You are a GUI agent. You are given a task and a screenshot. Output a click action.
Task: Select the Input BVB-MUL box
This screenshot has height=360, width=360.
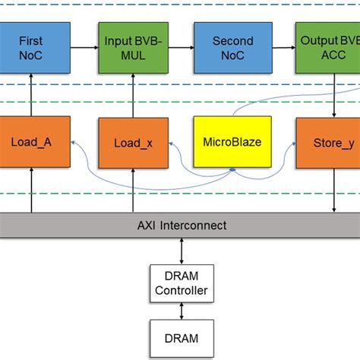click(x=128, y=47)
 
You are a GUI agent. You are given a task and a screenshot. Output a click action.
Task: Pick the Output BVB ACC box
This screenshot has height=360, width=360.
click(x=327, y=47)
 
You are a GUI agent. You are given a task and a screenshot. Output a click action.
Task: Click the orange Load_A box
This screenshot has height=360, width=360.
click(x=34, y=142)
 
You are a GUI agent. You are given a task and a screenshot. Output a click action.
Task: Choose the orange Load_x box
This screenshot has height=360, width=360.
click(x=128, y=142)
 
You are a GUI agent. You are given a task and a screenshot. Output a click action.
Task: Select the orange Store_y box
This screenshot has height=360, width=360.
click(x=327, y=142)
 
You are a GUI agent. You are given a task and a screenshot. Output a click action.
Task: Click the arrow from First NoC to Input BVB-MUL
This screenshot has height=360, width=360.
click(x=84, y=47)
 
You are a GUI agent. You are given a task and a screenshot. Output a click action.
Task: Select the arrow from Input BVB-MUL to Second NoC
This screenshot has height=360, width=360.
click(x=178, y=47)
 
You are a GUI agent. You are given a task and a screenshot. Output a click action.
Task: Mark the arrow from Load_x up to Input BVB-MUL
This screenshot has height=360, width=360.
click(x=128, y=94)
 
